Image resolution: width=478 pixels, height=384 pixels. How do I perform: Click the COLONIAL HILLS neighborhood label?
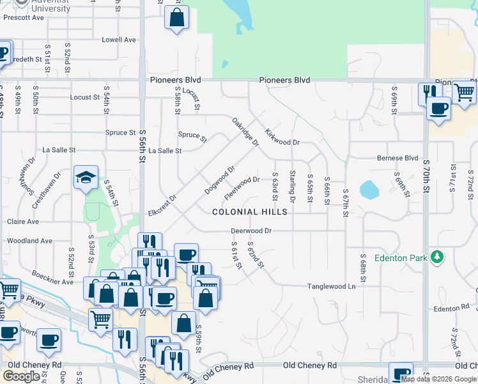pyautogui.click(x=250, y=212)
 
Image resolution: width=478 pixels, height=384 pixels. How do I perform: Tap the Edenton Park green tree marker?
pyautogui.click(x=437, y=257)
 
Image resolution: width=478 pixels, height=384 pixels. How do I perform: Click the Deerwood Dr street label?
pyautogui.click(x=252, y=231)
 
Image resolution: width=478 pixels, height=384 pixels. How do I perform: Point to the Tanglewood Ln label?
pyautogui.click(x=331, y=287)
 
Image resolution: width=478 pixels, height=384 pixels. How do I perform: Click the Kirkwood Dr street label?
pyautogui.click(x=282, y=137)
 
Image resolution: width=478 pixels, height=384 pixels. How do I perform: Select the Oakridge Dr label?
pyautogui.click(x=245, y=132)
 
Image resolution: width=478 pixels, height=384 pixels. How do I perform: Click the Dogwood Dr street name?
pyautogui.click(x=220, y=180)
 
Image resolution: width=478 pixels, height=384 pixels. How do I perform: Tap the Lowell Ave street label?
pyautogui.click(x=119, y=40)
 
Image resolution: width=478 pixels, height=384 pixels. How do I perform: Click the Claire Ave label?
pyautogui.click(x=22, y=221)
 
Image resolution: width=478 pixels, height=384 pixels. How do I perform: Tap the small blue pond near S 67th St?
pyautogui.click(x=369, y=189)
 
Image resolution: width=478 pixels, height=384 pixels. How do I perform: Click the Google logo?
pyautogui.click(x=21, y=376)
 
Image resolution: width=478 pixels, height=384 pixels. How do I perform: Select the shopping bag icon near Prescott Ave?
pyautogui.click(x=176, y=17)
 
